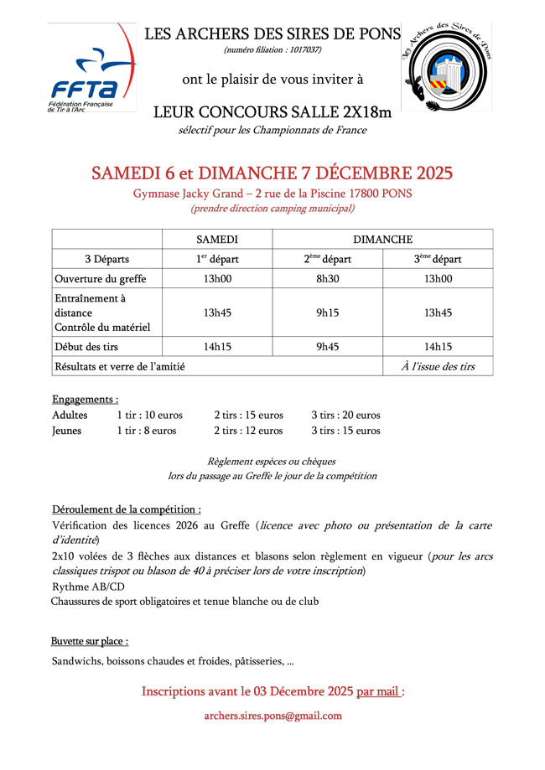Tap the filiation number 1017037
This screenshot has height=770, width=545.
pos(302,50)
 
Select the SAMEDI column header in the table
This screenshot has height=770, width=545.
pos(217,239)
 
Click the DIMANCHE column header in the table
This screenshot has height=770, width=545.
pos(382,239)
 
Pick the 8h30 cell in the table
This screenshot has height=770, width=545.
pos(327,279)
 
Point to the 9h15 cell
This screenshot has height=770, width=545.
pos(327,313)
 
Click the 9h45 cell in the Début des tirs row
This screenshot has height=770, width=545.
pos(327,347)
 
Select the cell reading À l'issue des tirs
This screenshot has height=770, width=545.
pos(438,366)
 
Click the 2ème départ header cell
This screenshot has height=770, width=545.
pos(327,259)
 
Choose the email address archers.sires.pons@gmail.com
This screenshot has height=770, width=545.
pos(272,716)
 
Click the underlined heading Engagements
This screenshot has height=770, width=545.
pos(85,399)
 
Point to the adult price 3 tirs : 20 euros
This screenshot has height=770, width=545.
pos(345,415)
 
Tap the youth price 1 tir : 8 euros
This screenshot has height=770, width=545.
pos(147,431)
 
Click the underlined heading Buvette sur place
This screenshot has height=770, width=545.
pos(90,641)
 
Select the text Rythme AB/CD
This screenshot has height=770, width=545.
pos(87,587)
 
